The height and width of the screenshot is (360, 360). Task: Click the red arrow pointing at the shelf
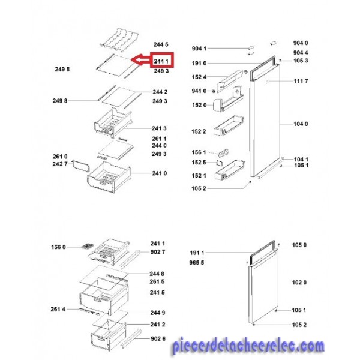(140, 60)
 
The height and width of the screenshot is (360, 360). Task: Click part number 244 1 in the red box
(161, 61)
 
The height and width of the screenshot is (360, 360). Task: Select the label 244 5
(161, 44)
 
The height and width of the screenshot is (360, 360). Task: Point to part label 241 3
(159, 128)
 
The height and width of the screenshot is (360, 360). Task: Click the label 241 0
(160, 173)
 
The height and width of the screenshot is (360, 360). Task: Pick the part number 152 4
(199, 77)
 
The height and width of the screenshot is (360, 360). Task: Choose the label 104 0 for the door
(301, 124)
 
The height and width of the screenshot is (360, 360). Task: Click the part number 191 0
(199, 63)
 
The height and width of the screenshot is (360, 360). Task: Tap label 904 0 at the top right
(301, 43)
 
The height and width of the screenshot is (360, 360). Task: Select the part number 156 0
(58, 247)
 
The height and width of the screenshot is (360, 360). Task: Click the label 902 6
(158, 338)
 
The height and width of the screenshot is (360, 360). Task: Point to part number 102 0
(299, 283)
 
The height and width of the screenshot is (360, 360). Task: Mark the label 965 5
(197, 262)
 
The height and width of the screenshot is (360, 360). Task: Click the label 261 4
(58, 309)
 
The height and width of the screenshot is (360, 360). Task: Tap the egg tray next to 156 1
(223, 153)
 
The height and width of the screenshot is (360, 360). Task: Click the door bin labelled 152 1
(229, 170)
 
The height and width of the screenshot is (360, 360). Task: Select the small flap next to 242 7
(80, 166)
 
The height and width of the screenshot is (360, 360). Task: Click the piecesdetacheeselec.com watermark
(248, 346)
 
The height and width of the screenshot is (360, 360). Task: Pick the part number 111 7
(301, 81)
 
